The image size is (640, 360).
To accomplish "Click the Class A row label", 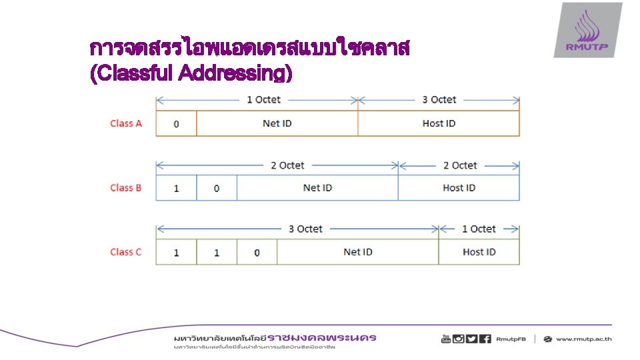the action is coord(126,123).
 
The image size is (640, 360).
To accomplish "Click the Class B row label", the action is coord(126,188).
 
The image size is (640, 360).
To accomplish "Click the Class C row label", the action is coord(126,252).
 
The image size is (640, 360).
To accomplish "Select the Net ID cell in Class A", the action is coord(277,123).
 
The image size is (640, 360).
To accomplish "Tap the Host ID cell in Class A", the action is coord(439,123).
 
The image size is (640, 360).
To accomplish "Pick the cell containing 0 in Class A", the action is coord(176,124).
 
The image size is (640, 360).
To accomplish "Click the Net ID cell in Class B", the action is coord(317,188).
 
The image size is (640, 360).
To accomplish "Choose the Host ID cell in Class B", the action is coord(459,188).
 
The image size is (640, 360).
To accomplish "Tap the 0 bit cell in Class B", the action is coord(217,189).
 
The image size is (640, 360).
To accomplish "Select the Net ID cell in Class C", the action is coord(358,252).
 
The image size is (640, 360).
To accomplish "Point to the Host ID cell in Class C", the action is coord(479,252).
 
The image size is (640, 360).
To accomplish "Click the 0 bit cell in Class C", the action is coord(257,253).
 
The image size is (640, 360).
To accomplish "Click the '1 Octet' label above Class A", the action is coord(263,100).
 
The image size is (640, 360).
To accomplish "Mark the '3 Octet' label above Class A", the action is coord(439,100).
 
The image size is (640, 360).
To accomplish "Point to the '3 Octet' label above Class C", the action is coord(305,229).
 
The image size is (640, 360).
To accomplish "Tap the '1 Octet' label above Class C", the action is coord(479,229).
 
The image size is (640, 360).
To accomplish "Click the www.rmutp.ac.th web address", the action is coord(583,339).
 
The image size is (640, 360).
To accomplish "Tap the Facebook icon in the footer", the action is coord(485,339).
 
